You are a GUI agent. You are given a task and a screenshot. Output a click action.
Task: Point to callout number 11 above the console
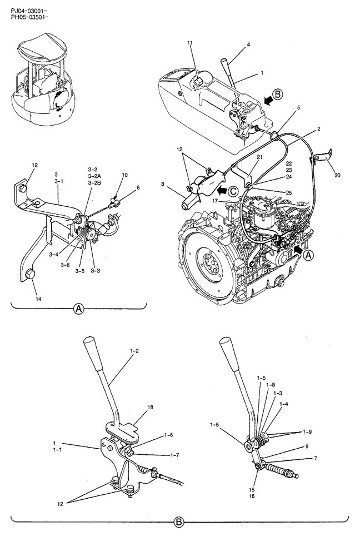tap(189, 43)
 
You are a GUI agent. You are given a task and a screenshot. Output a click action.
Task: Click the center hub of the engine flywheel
tap(212, 262)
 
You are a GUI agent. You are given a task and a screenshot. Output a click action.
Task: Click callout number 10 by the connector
tap(125, 175)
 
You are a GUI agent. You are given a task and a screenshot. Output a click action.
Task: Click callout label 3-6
tap(66, 265)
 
